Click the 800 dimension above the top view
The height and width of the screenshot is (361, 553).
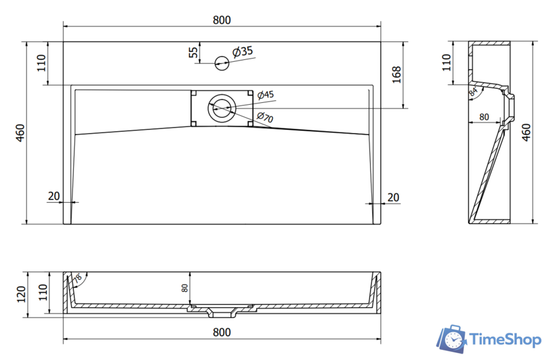tap(222, 20)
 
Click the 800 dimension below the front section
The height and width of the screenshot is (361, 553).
tap(222, 331)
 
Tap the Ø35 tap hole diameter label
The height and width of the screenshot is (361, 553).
tap(243, 51)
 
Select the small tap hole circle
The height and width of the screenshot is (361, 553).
tap(222, 63)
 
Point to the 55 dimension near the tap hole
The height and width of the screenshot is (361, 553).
tap(193, 53)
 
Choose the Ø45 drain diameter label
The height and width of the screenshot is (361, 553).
tap(265, 95)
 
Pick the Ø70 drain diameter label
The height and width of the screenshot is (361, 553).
tap(265, 118)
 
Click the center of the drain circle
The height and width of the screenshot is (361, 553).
tap(221, 107)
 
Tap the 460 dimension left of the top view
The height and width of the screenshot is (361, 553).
tap(20, 132)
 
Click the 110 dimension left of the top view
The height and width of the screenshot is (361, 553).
tap(41, 63)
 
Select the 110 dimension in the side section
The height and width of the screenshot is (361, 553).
tap(447, 63)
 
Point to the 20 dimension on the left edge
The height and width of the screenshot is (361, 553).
tap(53, 196)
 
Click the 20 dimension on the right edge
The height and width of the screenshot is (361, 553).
tap(393, 196)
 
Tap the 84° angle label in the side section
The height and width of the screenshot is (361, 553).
tap(473, 93)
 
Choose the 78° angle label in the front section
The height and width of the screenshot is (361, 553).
tap(78, 279)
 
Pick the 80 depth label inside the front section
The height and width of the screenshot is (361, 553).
tap(185, 287)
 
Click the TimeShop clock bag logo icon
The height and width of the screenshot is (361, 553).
tap(452, 339)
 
